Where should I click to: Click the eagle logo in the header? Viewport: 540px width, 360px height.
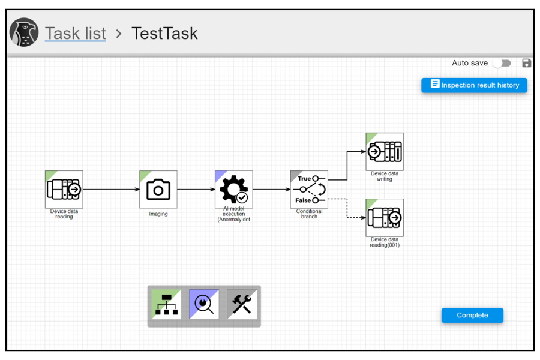click(x=24, y=32)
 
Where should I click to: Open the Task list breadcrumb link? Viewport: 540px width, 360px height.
click(x=76, y=34)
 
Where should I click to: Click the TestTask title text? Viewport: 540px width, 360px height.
click(x=164, y=34)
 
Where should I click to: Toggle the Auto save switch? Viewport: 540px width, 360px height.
click(x=502, y=63)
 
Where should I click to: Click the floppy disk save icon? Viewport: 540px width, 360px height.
click(x=526, y=63)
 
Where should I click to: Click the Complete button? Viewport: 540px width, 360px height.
click(x=472, y=315)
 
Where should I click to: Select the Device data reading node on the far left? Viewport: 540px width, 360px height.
click(x=64, y=190)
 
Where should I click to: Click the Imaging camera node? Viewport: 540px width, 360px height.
click(x=158, y=190)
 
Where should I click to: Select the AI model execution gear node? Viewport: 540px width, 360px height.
click(x=234, y=190)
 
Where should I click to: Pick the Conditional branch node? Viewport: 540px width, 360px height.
click(x=309, y=190)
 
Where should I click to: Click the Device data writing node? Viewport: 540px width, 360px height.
click(x=385, y=152)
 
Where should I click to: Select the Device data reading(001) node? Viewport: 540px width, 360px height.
click(x=385, y=218)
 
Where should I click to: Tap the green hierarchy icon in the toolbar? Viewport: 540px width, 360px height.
click(x=166, y=304)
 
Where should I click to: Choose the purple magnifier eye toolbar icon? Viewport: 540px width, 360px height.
click(x=204, y=304)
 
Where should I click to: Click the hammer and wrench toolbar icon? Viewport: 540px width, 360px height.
click(x=242, y=304)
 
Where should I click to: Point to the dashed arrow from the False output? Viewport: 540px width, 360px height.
click(x=347, y=208)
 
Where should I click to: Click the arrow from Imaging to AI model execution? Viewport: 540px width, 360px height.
click(x=196, y=190)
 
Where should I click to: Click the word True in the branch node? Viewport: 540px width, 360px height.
click(x=304, y=178)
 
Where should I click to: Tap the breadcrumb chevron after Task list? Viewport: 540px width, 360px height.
click(x=119, y=34)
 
